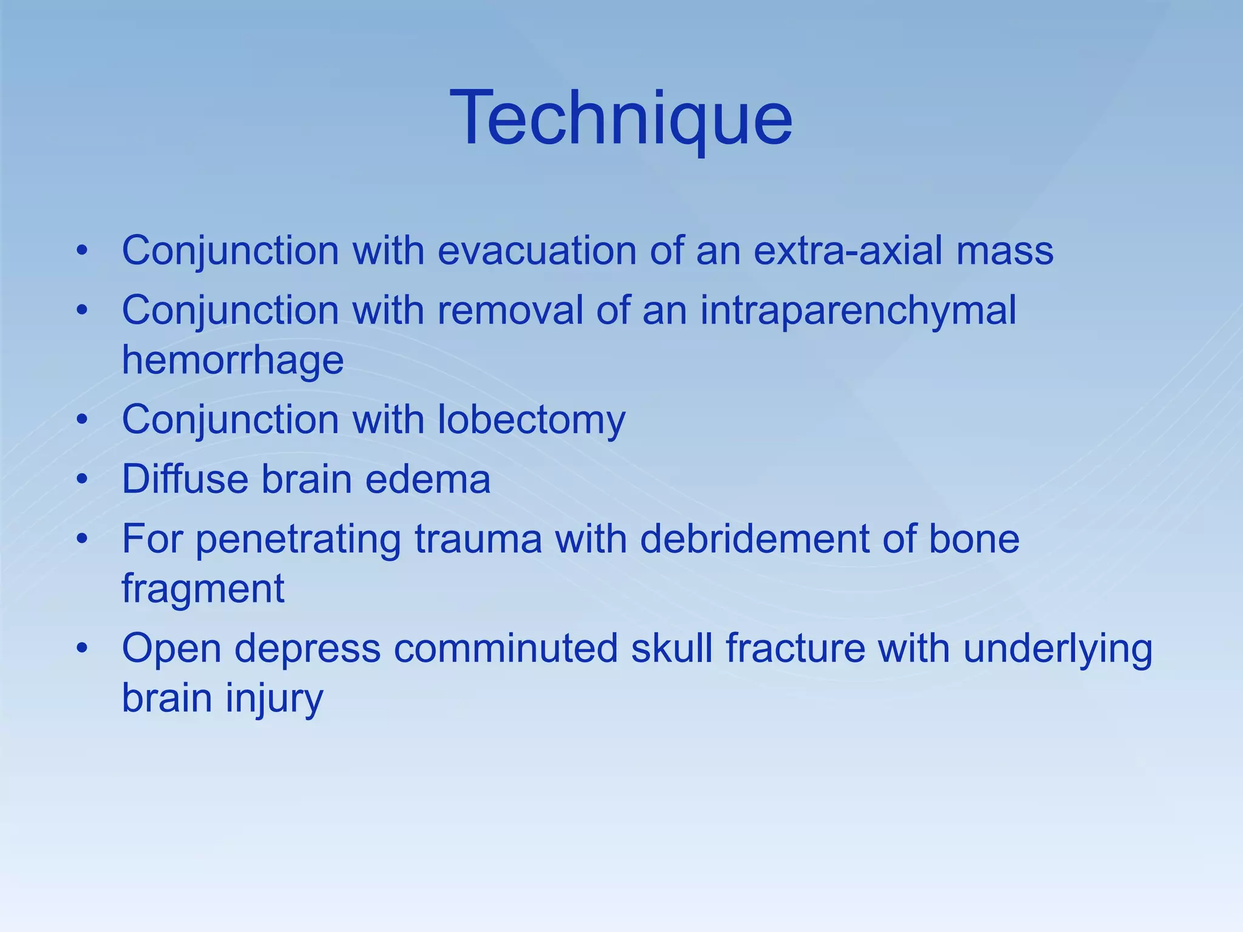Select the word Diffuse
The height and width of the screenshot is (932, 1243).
pyautogui.click(x=185, y=479)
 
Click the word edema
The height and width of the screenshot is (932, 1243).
pyautogui.click(x=428, y=479)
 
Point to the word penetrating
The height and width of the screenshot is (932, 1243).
pyautogui.click(x=298, y=540)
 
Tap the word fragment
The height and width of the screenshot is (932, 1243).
pyautogui.click(x=203, y=589)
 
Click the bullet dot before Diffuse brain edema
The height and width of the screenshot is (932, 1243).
pyautogui.click(x=83, y=479)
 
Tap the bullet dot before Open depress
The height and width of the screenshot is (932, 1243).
pyautogui.click(x=83, y=648)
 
